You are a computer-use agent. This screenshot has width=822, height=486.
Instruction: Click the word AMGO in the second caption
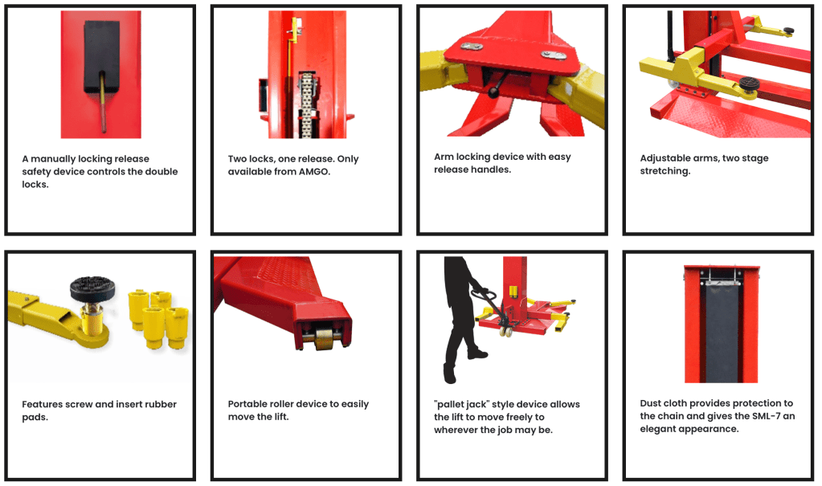[314, 171]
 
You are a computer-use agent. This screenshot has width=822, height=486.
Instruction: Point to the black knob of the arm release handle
[494, 93]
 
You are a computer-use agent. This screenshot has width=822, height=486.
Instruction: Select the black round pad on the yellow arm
[92, 288]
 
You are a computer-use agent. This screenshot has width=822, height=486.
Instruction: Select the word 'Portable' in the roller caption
[247, 404]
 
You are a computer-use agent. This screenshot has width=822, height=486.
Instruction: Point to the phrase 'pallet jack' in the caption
[461, 405]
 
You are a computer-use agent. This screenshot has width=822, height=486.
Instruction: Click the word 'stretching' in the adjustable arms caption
[665, 171]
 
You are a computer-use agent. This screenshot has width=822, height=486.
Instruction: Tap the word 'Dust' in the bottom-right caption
[650, 403]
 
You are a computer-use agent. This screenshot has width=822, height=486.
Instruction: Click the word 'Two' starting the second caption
[237, 159]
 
